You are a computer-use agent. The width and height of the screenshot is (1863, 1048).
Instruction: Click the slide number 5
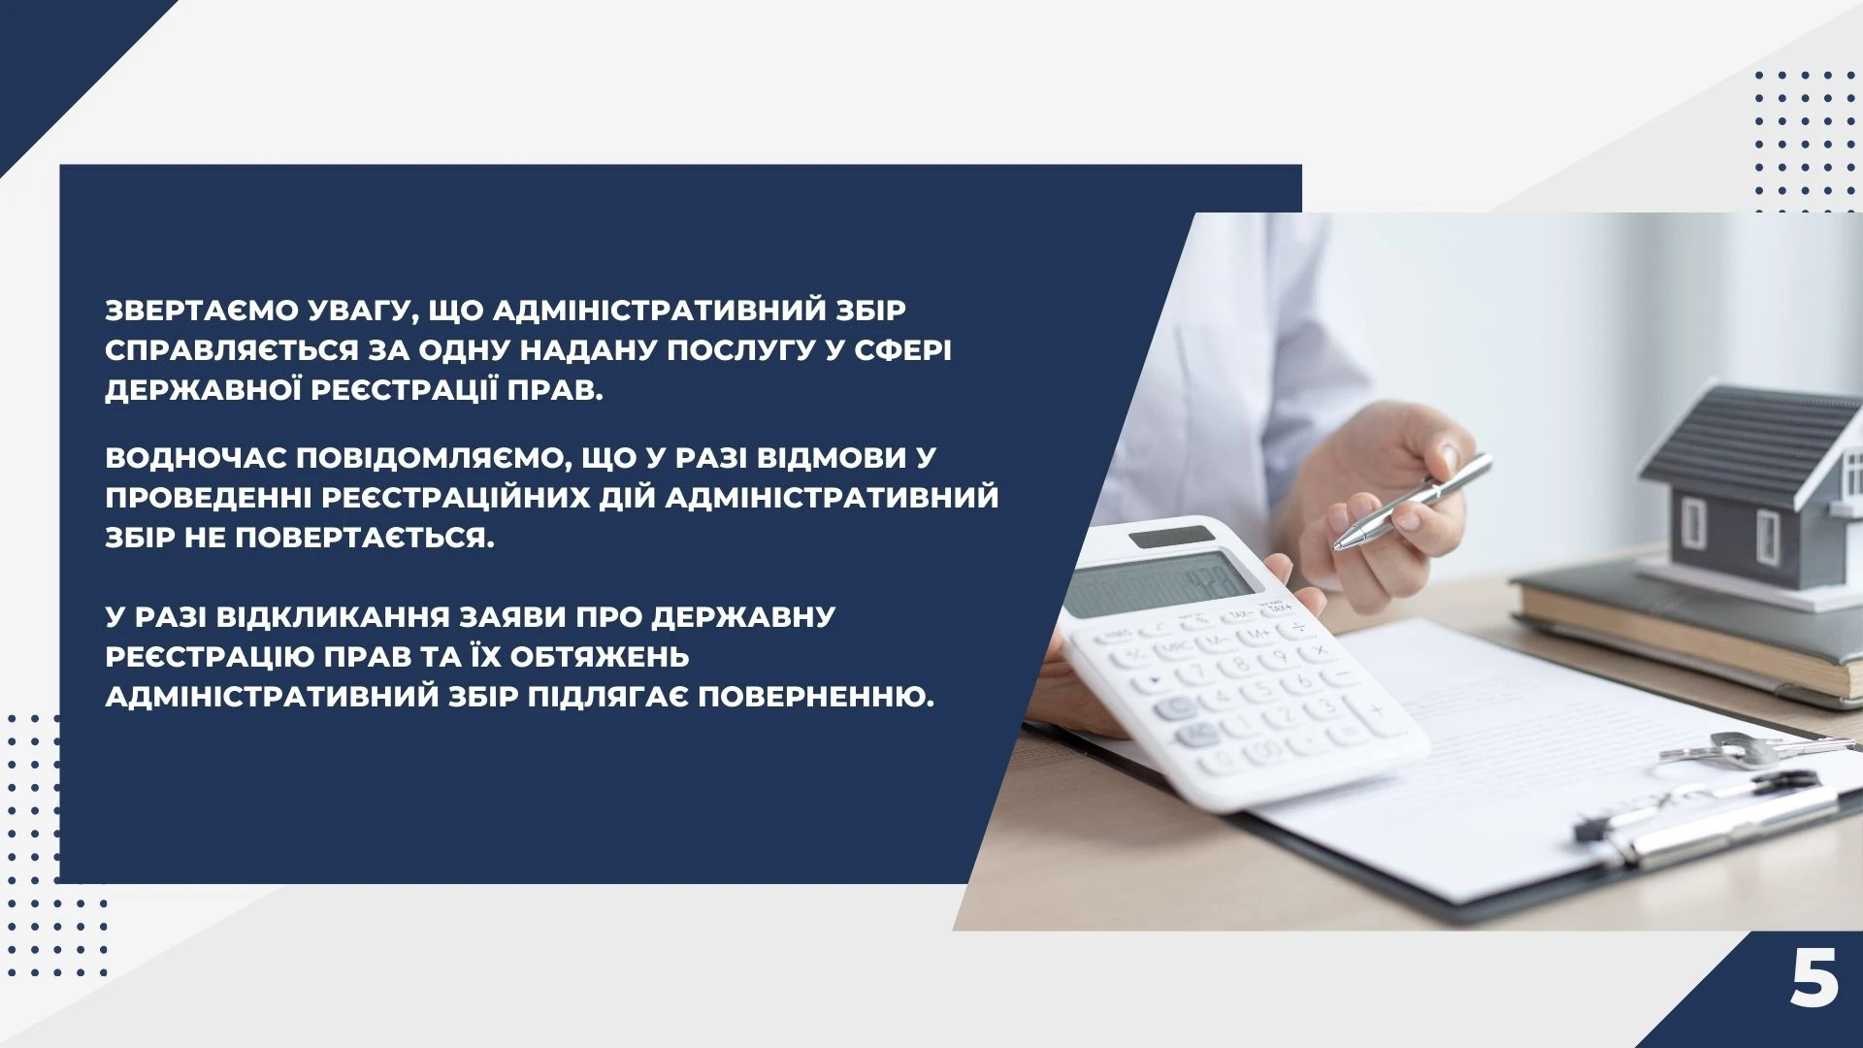(1814, 979)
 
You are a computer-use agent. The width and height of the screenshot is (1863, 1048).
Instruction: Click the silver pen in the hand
(1412, 501)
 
